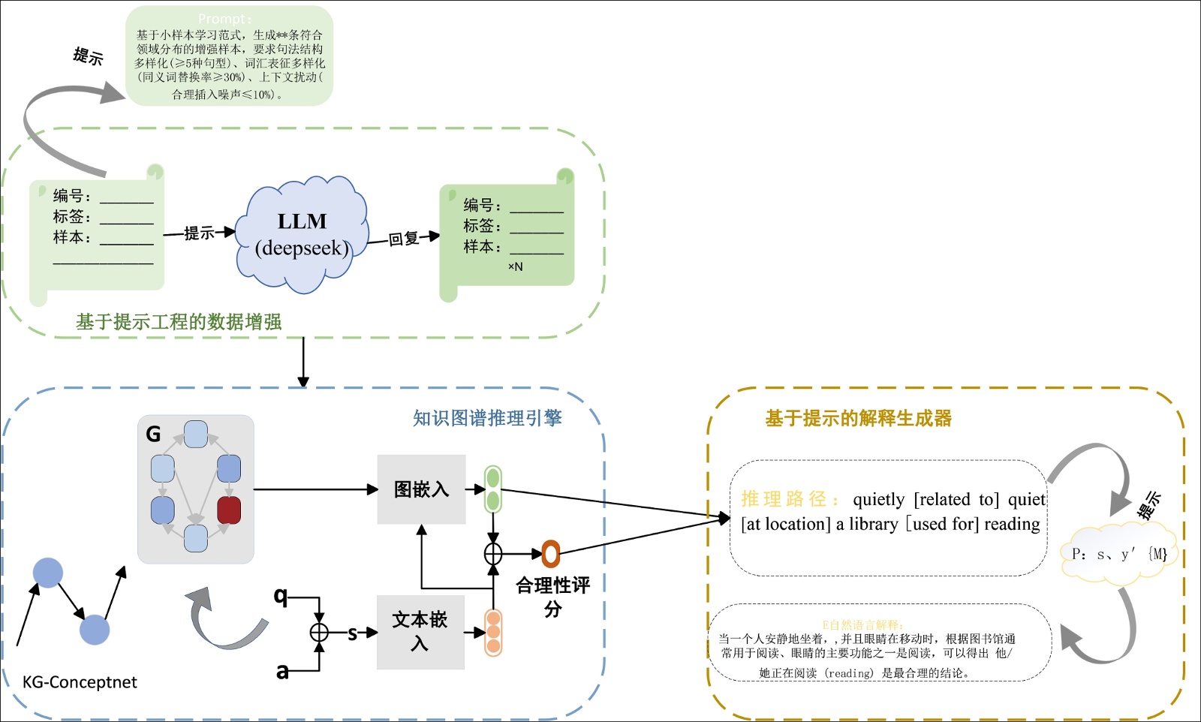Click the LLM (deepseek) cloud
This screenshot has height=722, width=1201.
(302, 234)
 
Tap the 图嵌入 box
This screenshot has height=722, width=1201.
(421, 489)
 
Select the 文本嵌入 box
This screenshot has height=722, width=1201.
(420, 631)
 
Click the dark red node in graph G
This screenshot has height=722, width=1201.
(229, 510)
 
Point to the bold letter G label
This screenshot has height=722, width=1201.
(153, 434)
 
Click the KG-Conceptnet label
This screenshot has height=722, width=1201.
(80, 682)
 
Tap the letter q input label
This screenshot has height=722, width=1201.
(281, 596)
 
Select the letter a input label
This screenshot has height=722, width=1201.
(282, 671)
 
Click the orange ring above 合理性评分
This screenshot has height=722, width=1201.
(551, 554)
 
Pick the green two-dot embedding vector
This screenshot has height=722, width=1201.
(492, 489)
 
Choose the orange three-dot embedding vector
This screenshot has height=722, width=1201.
(493, 633)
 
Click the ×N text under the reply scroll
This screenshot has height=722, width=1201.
(515, 266)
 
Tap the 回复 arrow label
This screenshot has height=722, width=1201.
(404, 239)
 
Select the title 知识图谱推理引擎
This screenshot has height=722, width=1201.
(487, 418)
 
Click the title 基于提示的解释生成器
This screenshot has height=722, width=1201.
(858, 418)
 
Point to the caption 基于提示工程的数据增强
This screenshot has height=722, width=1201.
(179, 322)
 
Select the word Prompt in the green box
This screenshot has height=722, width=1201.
(224, 19)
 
